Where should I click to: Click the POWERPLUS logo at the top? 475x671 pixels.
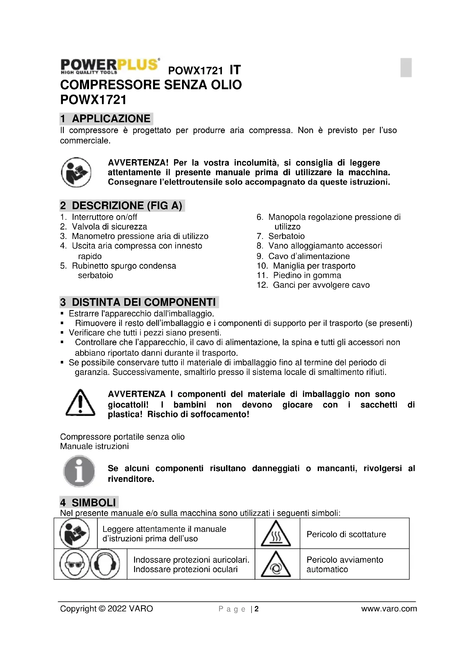110,66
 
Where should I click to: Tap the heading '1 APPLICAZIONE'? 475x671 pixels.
106,119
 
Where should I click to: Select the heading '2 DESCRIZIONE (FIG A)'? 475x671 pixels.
122,205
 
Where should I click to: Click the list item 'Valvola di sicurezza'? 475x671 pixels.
109,227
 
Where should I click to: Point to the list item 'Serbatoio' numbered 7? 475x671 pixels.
286,236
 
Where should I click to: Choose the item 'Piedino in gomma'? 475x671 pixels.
307,275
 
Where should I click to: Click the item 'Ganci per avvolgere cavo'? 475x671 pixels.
321,285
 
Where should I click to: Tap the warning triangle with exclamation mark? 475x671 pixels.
80,403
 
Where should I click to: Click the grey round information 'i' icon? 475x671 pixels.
79,471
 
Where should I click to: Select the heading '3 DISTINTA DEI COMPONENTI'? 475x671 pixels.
139,302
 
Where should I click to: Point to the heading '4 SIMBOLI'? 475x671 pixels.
89,503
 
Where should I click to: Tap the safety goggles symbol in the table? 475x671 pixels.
74,564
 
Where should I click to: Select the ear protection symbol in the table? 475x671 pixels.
105,564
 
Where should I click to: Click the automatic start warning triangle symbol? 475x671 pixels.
276,565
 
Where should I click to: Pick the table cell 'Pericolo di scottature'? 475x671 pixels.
346,534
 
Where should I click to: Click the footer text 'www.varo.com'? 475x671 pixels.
389,609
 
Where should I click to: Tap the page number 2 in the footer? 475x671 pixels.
256,609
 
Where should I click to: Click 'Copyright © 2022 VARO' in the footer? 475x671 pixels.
107,609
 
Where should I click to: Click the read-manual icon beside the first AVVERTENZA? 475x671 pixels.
76,172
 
